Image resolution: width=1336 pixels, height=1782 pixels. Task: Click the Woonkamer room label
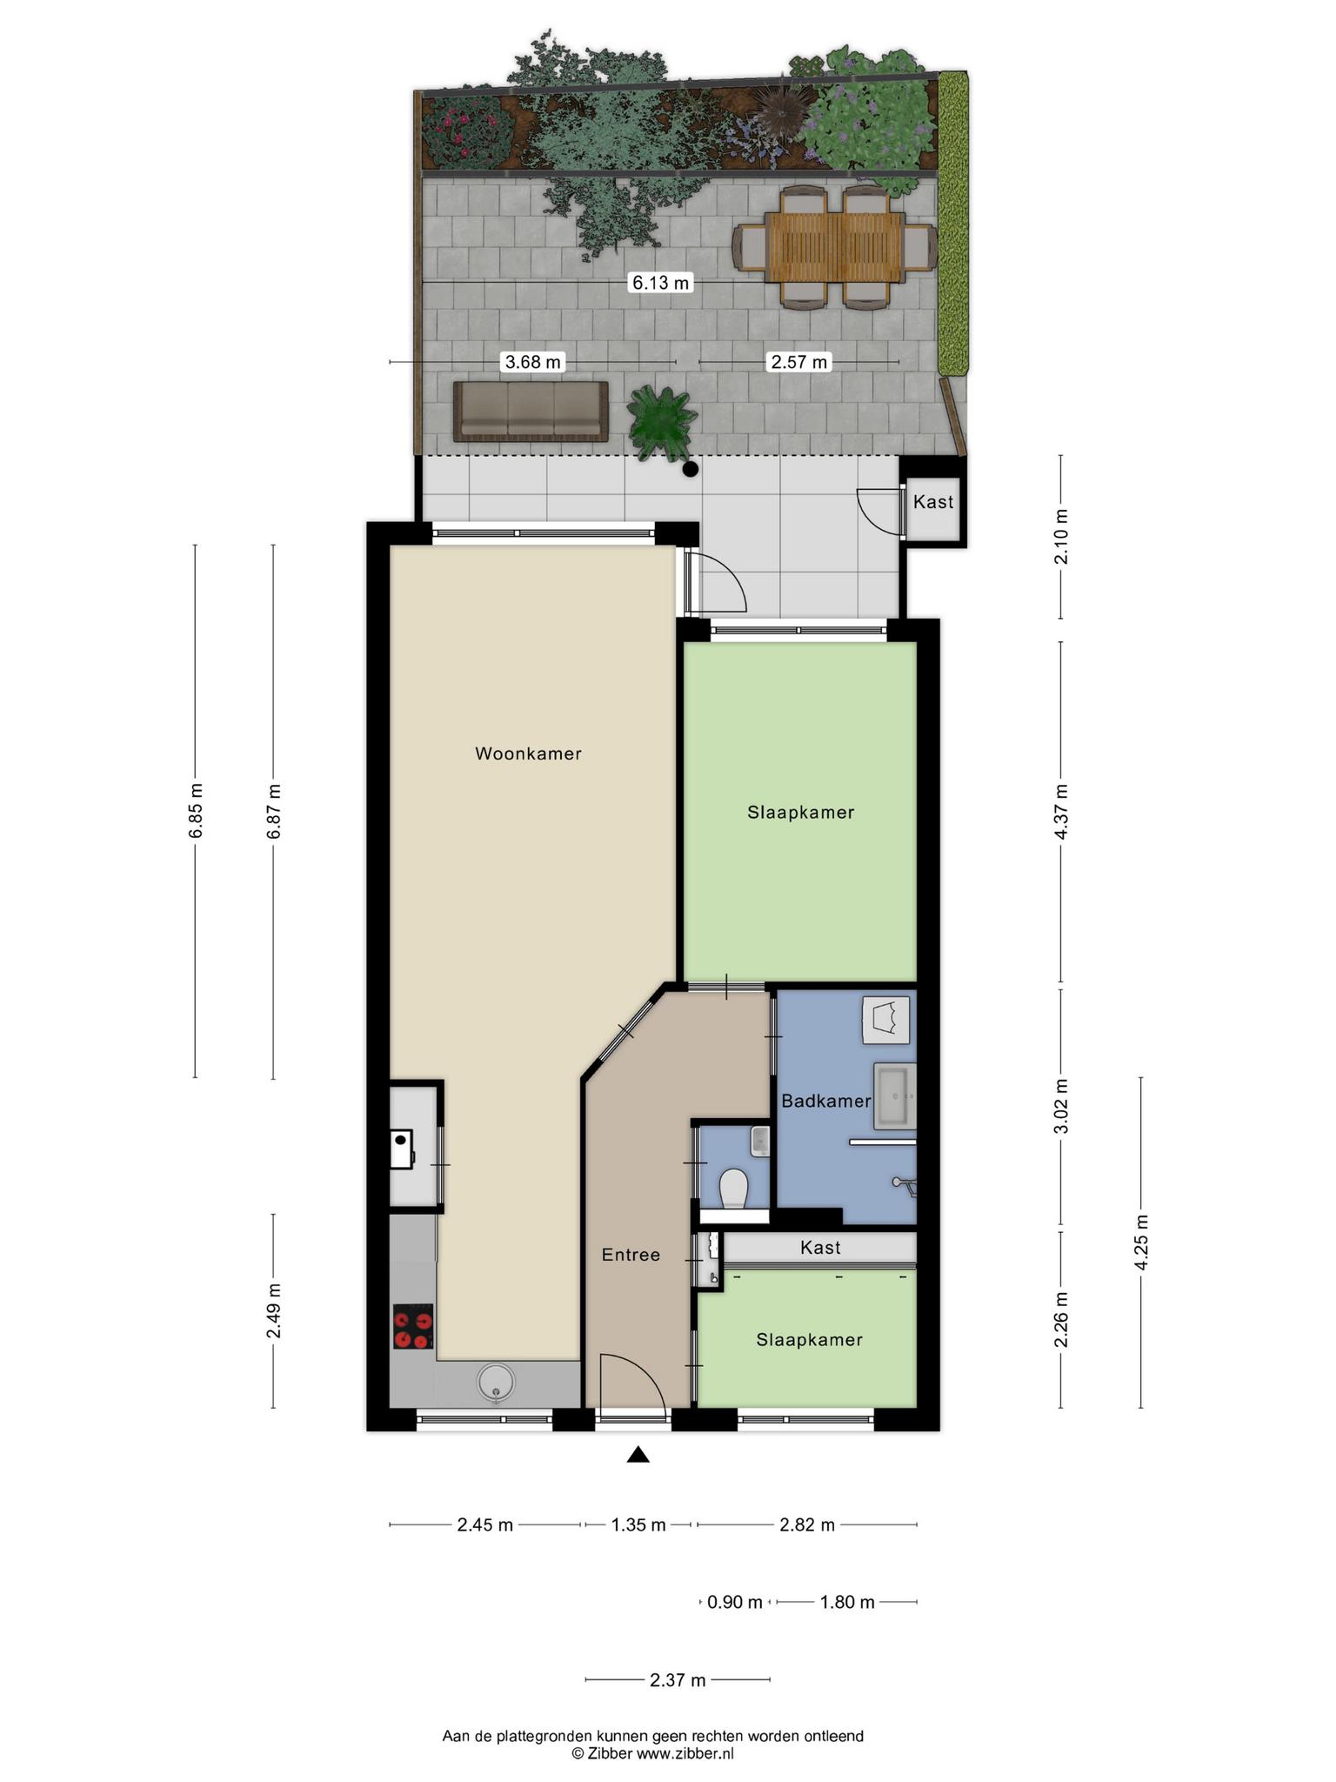[528, 754]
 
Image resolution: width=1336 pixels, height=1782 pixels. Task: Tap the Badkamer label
[825, 1101]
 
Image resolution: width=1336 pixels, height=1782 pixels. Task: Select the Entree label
[631, 1255]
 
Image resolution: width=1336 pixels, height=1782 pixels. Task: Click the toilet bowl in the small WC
[735, 1187]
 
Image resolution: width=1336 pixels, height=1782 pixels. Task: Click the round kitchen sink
[496, 1382]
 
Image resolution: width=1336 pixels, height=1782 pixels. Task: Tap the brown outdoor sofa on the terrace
[531, 411]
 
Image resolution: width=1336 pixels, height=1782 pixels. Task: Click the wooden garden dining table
[835, 248]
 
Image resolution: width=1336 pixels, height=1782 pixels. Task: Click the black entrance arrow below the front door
[638, 1454]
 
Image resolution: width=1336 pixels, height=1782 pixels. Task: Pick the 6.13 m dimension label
[661, 283]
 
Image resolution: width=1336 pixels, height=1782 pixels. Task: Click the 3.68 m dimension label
[533, 362]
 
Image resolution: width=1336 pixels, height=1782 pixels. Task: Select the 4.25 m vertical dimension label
[1142, 1243]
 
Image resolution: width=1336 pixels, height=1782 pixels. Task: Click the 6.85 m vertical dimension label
[196, 810]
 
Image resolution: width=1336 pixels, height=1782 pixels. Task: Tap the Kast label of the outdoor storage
[933, 502]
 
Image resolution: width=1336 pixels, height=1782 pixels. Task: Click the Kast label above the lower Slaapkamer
[820, 1248]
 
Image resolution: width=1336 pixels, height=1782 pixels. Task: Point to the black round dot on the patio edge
[691, 470]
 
